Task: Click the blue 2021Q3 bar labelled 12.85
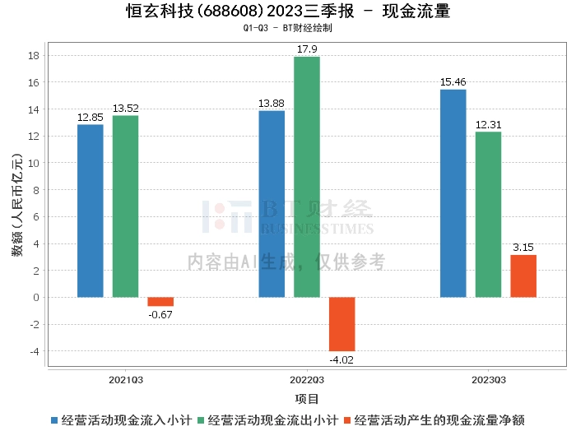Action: (x=91, y=211)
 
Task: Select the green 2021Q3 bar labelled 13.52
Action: (x=125, y=206)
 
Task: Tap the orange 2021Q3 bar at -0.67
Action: (x=160, y=302)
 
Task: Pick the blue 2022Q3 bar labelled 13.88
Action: (x=272, y=204)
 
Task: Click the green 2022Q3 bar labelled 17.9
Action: (x=307, y=177)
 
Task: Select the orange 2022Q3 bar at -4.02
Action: (x=342, y=324)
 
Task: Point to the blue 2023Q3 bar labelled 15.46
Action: (x=453, y=193)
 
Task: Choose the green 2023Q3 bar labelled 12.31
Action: (x=488, y=214)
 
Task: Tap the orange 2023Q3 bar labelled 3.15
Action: (x=523, y=276)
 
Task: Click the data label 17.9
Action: (x=307, y=49)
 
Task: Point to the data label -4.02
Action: (x=342, y=359)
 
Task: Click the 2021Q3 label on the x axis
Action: (x=125, y=381)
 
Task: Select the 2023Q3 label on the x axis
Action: (x=488, y=381)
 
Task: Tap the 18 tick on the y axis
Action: (x=33, y=56)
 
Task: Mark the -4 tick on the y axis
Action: (x=33, y=351)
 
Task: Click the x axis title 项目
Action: (x=307, y=399)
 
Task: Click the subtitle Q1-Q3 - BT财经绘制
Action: (x=288, y=28)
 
